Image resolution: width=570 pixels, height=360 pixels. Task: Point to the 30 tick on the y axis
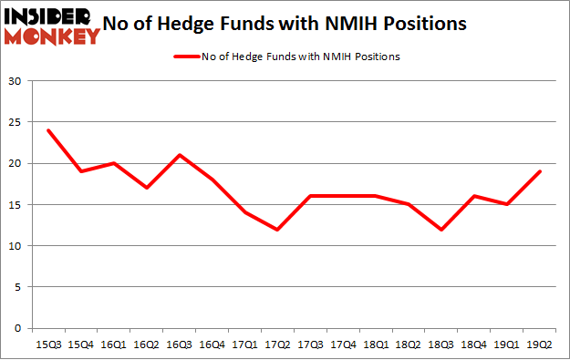coord(16,81)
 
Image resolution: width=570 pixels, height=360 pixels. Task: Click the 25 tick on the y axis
coord(16,122)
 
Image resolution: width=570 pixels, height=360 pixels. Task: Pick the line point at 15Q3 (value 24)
coord(47,130)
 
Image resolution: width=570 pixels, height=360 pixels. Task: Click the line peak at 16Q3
coord(179,155)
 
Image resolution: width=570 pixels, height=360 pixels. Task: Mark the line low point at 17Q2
coord(277,229)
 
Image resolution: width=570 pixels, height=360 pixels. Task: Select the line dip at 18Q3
coord(440,229)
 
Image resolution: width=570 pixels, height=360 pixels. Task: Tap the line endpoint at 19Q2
coord(539,171)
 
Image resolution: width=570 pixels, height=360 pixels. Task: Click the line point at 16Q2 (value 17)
coord(146,188)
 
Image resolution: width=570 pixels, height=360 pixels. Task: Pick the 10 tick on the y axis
coord(16,246)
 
